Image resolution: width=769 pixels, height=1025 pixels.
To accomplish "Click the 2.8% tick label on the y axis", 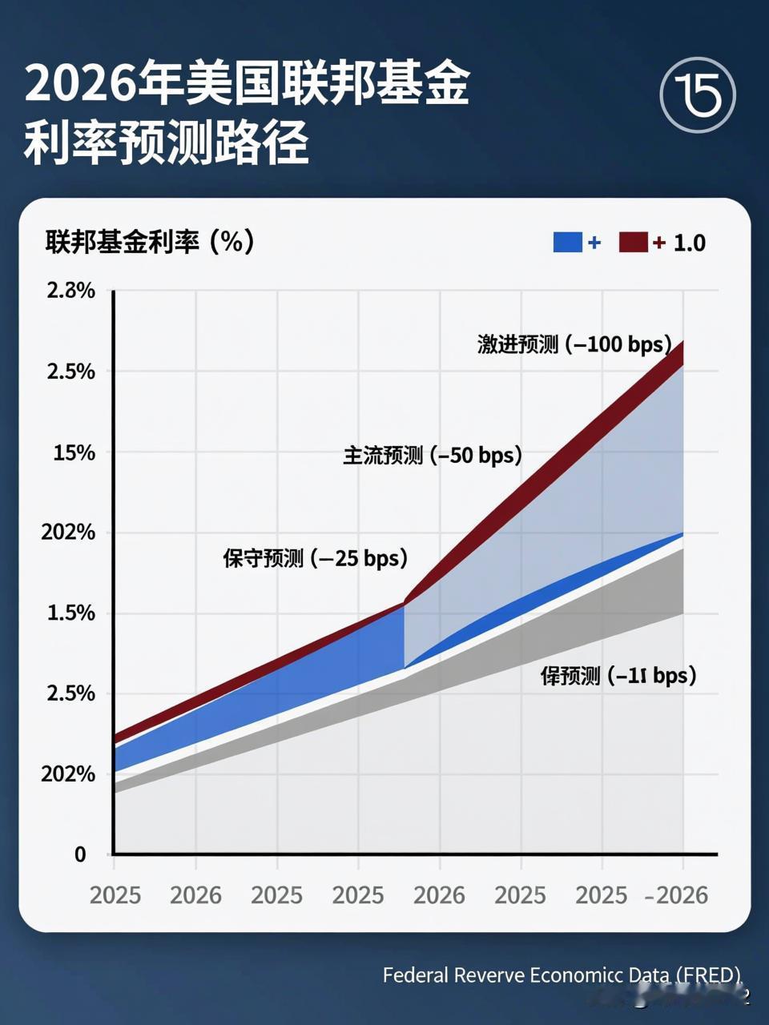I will pyautogui.click(x=70, y=291).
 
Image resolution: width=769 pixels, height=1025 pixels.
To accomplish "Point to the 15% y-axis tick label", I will pyautogui.click(x=74, y=452).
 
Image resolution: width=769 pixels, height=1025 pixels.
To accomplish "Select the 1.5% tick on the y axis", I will pyautogui.click(x=70, y=613).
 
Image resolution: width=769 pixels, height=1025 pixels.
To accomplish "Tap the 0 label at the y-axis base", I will pyautogui.click(x=80, y=854).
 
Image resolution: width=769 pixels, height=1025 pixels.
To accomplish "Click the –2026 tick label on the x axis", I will pyautogui.click(x=677, y=894).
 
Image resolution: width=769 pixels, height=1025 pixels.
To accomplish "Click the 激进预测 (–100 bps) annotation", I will pyautogui.click(x=574, y=344).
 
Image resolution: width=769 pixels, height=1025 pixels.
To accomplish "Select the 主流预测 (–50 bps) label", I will pyautogui.click(x=433, y=456).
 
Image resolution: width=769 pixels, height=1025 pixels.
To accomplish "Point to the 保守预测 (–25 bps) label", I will pyautogui.click(x=316, y=557).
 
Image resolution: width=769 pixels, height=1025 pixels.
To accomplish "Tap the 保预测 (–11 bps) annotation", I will pyautogui.click(x=618, y=675).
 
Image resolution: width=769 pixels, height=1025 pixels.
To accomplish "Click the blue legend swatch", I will pyautogui.click(x=567, y=242).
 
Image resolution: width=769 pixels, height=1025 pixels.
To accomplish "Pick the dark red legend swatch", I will pyautogui.click(x=633, y=242).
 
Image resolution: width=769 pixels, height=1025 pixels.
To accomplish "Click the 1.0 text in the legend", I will pyautogui.click(x=689, y=243).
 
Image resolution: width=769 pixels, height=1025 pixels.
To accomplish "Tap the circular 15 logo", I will pyautogui.click(x=698, y=95).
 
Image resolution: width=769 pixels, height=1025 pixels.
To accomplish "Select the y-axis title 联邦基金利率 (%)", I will pyautogui.click(x=150, y=241).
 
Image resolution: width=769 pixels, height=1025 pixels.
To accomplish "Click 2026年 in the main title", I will pyautogui.click(x=104, y=85).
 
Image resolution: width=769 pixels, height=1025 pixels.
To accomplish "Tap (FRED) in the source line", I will pyautogui.click(x=708, y=975).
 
